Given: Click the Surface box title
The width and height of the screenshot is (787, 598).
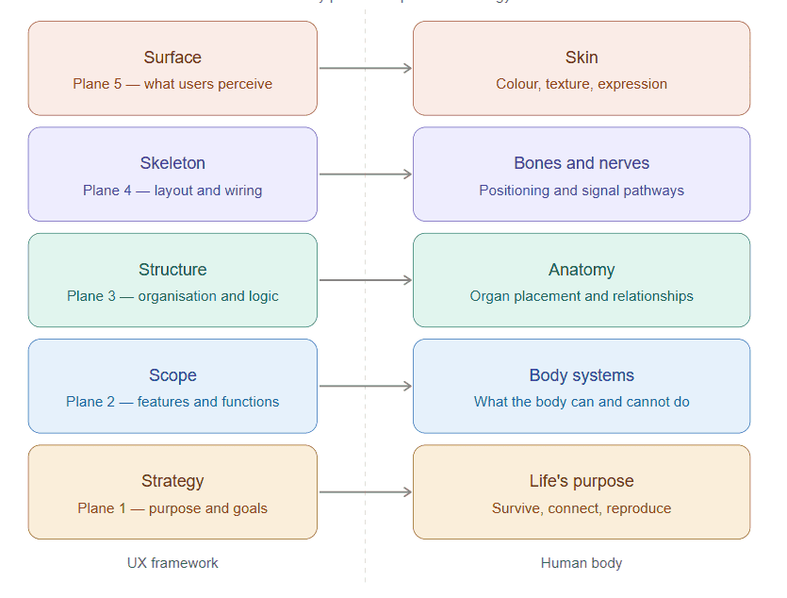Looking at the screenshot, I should pos(172,58).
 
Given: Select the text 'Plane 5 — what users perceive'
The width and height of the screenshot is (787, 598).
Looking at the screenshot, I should pos(172,84).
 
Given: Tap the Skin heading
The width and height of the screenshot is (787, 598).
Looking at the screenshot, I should pos(582,58).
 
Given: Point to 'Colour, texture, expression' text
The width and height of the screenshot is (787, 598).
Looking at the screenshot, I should pos(582,84).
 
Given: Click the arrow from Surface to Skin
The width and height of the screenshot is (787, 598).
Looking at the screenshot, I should pos(365,68).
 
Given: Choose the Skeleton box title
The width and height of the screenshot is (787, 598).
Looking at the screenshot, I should pos(172,163).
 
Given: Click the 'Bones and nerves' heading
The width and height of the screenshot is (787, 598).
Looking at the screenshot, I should pos(582,163).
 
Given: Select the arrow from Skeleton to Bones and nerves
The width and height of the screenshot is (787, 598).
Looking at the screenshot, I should pos(365,174).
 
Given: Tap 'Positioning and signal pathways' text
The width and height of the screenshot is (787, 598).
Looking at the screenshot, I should pos(582,191).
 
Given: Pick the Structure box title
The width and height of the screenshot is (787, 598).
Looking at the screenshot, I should pos(172,270).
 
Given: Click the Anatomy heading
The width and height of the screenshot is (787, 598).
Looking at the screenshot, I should pos(582,270).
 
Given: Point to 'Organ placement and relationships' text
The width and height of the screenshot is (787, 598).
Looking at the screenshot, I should pos(582,296).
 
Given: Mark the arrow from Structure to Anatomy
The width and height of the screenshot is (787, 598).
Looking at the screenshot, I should pos(365,280).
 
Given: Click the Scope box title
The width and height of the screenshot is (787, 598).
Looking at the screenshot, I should pos(172,375).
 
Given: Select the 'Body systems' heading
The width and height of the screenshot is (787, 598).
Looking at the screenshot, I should pos(582,375).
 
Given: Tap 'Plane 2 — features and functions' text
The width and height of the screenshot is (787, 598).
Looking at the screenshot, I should pos(172,402).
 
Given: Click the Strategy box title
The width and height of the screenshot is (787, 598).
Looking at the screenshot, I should pos(172,481).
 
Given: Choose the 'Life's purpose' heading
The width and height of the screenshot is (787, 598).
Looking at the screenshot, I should pos(582,481).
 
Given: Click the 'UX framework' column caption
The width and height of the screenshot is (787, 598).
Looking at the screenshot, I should pos(172,563).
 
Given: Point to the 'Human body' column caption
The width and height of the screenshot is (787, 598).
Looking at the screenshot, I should pos(582,563).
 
